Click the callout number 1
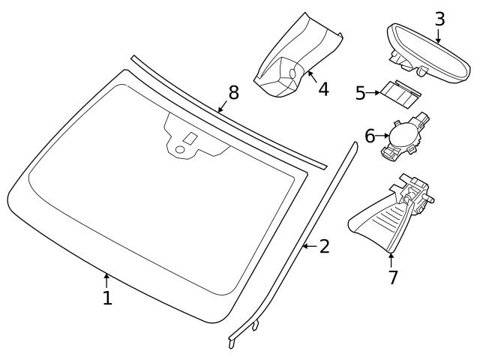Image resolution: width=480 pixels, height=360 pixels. point(107,298)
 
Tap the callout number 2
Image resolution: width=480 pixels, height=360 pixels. point(324,246)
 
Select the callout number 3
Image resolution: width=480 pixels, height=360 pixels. point(439,19)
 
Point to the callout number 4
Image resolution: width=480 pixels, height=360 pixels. point(323,88)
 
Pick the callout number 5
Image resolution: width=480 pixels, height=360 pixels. point(360,93)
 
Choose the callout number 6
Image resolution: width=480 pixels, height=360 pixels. point(369,136)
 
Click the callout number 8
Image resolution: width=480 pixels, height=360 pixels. point(233,92)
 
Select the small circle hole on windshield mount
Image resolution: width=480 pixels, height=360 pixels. point(179,151)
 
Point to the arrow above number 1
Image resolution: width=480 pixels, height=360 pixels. point(107,281)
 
